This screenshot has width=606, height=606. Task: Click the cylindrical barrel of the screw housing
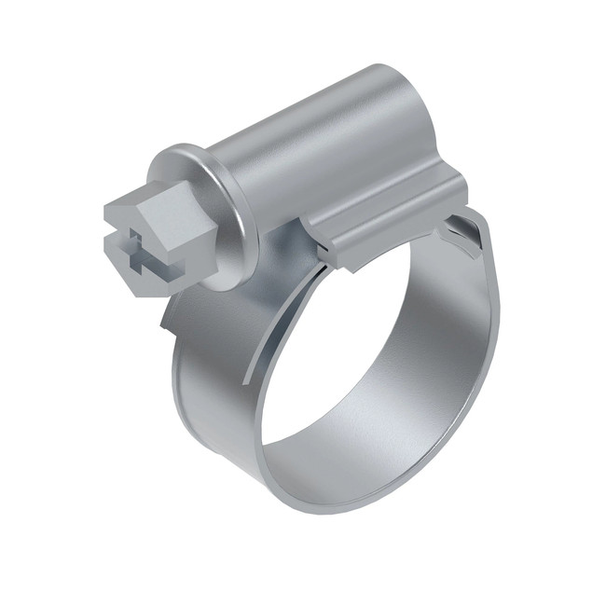pos(308,140)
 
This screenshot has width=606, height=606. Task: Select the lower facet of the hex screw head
pos(140,280)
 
